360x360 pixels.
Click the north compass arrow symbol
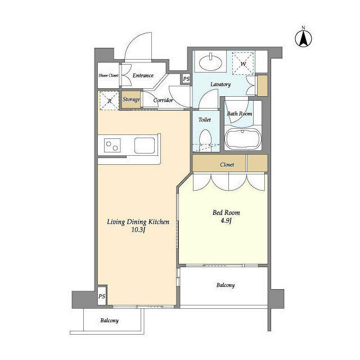click(x=304, y=38)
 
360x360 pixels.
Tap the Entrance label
click(x=143, y=75)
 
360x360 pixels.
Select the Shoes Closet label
click(x=109, y=75)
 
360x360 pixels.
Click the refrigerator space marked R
click(x=109, y=100)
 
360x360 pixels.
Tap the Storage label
click(x=131, y=100)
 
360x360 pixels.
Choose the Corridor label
click(x=163, y=101)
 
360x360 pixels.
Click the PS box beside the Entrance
click(x=186, y=79)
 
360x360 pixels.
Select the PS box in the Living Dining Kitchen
click(x=102, y=296)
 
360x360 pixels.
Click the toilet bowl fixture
click(x=206, y=138)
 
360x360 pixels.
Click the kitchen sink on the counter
click(x=146, y=145)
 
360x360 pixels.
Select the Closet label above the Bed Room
click(x=228, y=165)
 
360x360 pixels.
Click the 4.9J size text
click(x=226, y=220)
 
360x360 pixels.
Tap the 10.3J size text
click(x=138, y=231)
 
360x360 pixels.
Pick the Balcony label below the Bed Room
click(x=225, y=285)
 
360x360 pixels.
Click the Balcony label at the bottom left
click(x=110, y=321)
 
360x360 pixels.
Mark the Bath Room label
click(x=239, y=114)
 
